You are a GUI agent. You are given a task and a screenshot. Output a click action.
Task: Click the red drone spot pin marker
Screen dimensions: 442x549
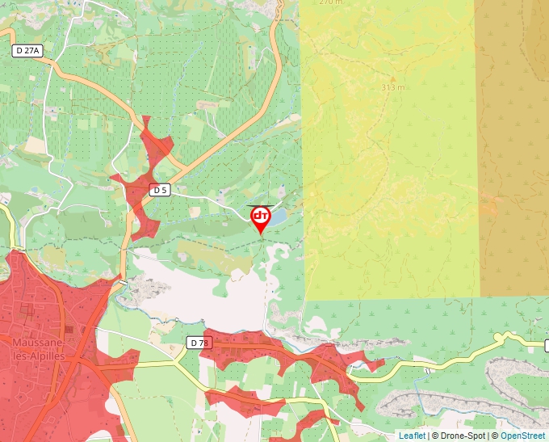[x=260, y=219]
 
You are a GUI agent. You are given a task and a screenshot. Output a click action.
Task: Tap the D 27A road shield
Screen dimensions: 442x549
[x=27, y=50]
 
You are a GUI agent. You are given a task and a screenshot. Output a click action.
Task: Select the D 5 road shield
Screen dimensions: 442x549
[x=160, y=190]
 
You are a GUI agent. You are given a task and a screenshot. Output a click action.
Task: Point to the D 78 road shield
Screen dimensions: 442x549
[x=199, y=343]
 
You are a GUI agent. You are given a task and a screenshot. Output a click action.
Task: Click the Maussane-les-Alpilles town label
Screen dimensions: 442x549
[x=39, y=347]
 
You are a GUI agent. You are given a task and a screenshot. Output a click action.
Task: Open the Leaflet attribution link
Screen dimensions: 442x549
[x=412, y=436]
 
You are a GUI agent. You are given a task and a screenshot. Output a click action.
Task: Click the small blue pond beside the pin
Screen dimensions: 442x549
[x=278, y=217]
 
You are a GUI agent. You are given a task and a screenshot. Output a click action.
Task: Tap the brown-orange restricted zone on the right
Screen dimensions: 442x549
[x=514, y=145]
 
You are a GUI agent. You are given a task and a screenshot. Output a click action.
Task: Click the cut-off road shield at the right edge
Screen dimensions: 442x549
[x=547, y=346]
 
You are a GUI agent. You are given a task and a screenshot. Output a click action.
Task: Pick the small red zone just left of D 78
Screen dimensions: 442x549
[x=121, y=359]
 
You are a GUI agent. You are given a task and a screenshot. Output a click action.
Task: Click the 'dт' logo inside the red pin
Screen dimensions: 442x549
[x=260, y=216]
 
